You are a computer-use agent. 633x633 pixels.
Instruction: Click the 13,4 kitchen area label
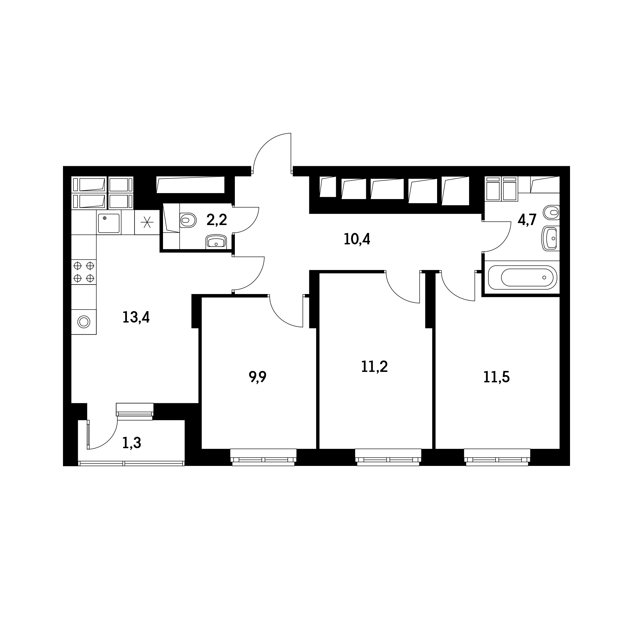click(136, 317)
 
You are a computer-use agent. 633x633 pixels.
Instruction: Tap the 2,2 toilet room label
click(216, 220)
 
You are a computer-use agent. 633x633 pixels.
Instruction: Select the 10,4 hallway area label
click(357, 239)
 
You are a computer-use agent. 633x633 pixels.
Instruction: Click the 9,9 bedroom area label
click(258, 377)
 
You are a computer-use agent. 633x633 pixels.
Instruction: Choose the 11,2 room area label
click(374, 366)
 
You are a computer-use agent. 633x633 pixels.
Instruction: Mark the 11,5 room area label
click(496, 377)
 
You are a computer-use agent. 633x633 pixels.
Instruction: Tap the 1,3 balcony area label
click(131, 443)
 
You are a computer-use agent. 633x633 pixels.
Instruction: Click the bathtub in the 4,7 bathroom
click(523, 278)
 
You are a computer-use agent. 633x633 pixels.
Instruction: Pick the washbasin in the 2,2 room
click(216, 241)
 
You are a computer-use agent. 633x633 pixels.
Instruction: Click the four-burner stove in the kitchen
click(84, 272)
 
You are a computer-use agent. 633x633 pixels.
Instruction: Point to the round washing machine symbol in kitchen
click(84, 322)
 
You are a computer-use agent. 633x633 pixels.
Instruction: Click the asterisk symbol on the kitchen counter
click(147, 222)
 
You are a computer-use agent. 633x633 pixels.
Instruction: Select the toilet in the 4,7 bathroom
click(551, 212)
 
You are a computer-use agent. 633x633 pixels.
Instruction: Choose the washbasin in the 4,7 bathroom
click(551, 239)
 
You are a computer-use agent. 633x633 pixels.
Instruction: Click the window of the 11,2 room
click(388, 458)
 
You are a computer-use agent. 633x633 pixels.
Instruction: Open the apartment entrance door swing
click(272, 153)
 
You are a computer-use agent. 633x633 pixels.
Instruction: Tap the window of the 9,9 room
click(263, 458)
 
